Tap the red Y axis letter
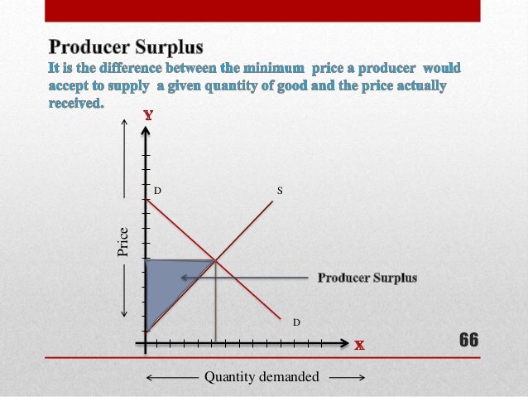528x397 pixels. pyautogui.click(x=147, y=117)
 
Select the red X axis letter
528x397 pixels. pyautogui.click(x=360, y=344)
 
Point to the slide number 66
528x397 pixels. pyautogui.click(x=468, y=340)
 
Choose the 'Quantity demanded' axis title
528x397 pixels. pyautogui.click(x=262, y=377)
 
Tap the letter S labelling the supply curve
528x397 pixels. pyautogui.click(x=280, y=191)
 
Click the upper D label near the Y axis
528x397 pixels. pyautogui.click(x=156, y=191)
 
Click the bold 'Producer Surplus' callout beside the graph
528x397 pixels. pyautogui.click(x=367, y=278)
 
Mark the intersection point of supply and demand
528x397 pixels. pyautogui.click(x=215, y=260)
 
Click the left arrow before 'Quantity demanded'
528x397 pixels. pyautogui.click(x=150, y=379)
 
